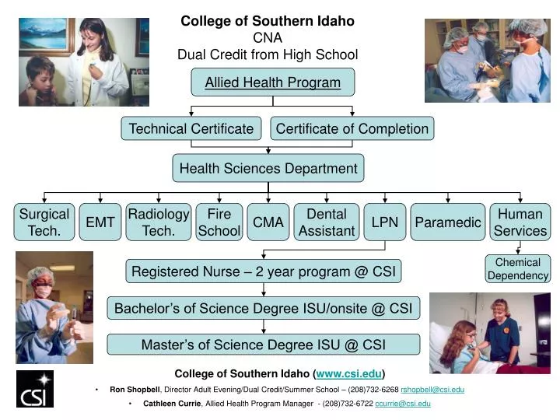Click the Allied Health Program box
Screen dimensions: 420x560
click(272, 82)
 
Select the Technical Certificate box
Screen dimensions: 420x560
click(191, 128)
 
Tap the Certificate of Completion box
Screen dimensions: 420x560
click(352, 128)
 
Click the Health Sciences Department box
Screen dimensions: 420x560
click(268, 168)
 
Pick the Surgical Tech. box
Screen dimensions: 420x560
click(44, 222)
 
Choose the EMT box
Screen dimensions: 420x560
click(100, 222)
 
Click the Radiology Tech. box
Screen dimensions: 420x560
click(159, 222)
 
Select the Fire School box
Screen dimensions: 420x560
click(219, 222)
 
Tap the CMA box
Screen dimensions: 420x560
click(268, 222)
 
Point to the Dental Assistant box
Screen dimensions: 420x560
click(327, 222)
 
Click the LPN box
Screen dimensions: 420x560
click(385, 222)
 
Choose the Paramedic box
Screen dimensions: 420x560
click(448, 222)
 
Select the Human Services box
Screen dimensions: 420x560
click(520, 222)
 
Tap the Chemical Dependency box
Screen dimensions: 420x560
click(518, 269)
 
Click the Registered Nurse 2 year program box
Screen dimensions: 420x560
click(264, 271)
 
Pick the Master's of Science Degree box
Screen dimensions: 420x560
click(264, 344)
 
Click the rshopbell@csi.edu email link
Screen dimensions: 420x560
click(432, 389)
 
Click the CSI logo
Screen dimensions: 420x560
click(35, 389)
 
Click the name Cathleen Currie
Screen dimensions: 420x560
click(170, 404)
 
